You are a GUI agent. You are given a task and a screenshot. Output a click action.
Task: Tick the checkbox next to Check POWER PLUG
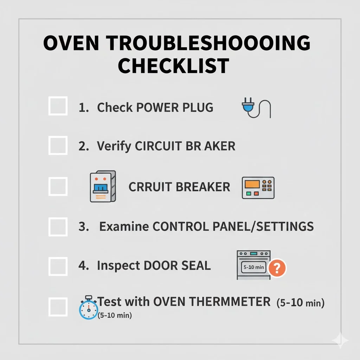pos(58,106)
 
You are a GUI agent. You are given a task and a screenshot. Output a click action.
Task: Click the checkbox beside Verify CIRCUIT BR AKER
pos(58,146)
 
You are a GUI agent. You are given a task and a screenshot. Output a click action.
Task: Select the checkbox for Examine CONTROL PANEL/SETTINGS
pos(58,227)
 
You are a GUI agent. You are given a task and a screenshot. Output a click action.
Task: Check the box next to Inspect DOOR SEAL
pos(58,266)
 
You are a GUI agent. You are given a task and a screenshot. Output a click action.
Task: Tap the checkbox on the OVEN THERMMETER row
pos(58,307)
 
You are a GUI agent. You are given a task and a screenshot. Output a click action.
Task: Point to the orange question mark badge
pos(277,269)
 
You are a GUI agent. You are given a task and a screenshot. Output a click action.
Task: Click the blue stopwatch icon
pos(88,308)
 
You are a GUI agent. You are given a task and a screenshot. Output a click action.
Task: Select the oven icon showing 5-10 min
pos(253,265)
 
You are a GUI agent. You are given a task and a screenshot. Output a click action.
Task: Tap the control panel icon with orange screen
pos(258,188)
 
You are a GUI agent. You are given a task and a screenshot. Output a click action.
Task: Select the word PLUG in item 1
pos(198,107)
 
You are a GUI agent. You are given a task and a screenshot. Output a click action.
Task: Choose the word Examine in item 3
pos(124,227)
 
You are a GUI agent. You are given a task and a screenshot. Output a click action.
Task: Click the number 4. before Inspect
pos(84,266)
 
